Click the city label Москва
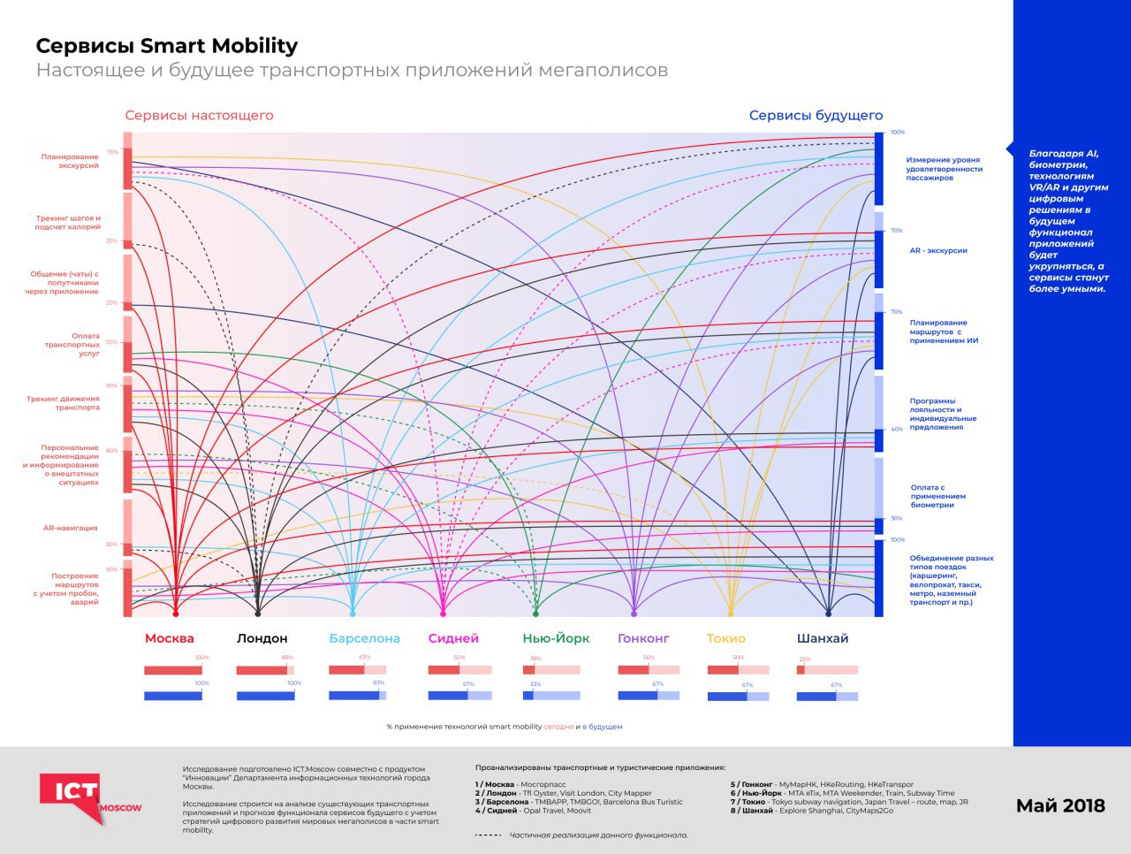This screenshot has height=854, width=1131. pyautogui.click(x=169, y=638)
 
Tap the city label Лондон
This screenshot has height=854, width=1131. pyautogui.click(x=262, y=638)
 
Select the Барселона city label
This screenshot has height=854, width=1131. pyautogui.click(x=364, y=638)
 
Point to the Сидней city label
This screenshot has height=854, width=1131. pyautogui.click(x=453, y=638)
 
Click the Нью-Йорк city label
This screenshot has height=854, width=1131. pyautogui.click(x=556, y=638)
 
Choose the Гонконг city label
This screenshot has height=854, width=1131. pyautogui.click(x=643, y=638)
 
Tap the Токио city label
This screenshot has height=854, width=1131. pyautogui.click(x=726, y=638)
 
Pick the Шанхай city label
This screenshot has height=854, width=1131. pyautogui.click(x=822, y=638)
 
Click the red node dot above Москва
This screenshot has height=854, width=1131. pyautogui.click(x=175, y=613)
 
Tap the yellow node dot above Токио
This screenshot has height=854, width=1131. pyautogui.click(x=731, y=613)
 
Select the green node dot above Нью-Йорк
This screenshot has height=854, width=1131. pyautogui.click(x=535, y=613)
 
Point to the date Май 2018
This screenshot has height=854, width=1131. pyautogui.click(x=1060, y=805)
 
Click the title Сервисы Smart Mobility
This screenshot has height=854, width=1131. pyautogui.click(x=166, y=46)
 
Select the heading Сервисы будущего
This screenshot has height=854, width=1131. pyautogui.click(x=816, y=115)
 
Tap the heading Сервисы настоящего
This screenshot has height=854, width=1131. pyautogui.click(x=199, y=115)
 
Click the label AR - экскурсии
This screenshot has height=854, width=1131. pyautogui.click(x=938, y=250)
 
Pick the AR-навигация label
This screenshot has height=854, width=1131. pyautogui.click(x=71, y=528)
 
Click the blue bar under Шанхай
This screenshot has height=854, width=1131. pyautogui.click(x=827, y=697)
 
